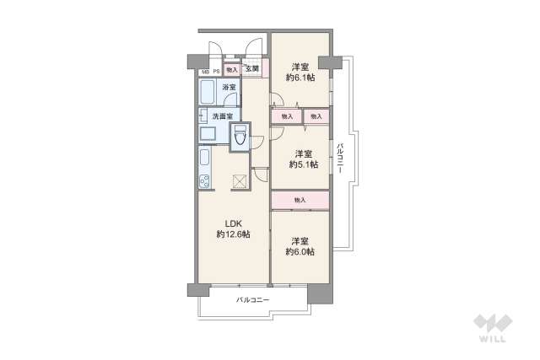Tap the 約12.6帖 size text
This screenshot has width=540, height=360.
click(233, 234)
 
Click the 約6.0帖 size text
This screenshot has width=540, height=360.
click(300, 251)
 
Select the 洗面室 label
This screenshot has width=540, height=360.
click(222, 116)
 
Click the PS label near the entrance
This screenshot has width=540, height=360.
click(217, 72)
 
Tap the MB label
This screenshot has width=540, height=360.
click(205, 72)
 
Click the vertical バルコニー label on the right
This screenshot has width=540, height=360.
click(339, 158)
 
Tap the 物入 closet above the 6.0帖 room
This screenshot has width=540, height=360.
click(300, 200)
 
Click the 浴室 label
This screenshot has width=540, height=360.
click(229, 87)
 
